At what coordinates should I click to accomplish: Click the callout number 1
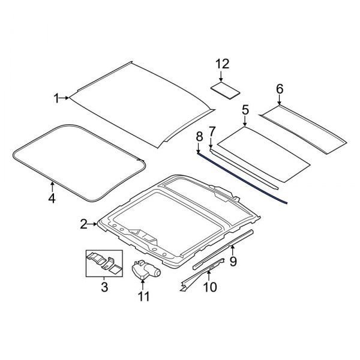click(57, 98)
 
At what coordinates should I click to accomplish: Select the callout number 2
click(84, 225)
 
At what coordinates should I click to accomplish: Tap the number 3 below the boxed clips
click(104, 288)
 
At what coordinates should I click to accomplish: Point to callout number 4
click(52, 198)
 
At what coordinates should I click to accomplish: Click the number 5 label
click(245, 110)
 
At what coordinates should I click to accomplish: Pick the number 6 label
click(279, 89)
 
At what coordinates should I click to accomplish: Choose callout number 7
click(211, 131)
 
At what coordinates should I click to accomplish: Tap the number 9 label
click(233, 261)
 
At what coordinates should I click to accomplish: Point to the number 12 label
click(223, 64)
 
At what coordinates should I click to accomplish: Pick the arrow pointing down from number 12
click(223, 77)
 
